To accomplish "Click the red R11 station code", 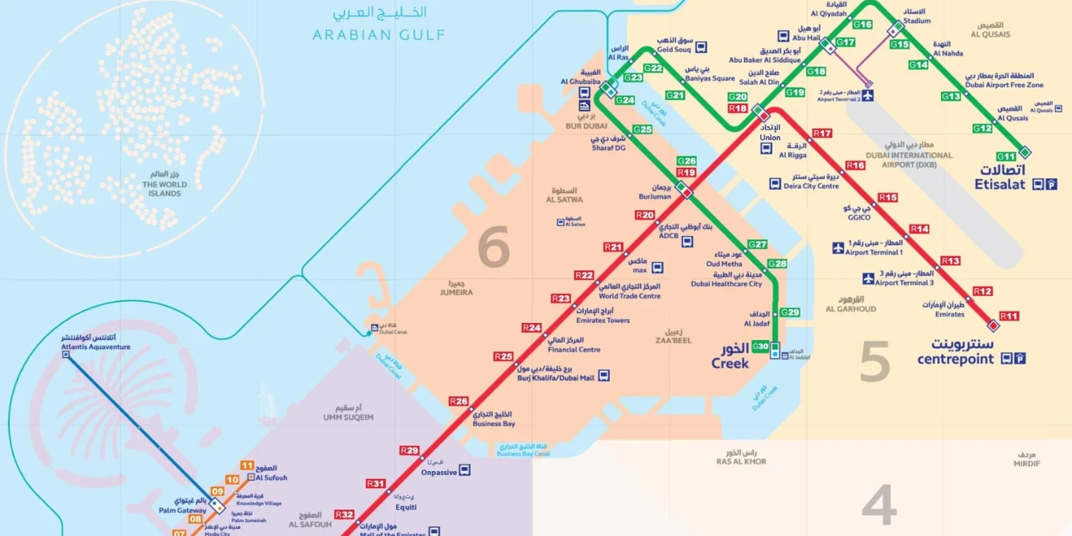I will tap(1009, 316).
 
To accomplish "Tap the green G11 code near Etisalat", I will tap(1006, 157).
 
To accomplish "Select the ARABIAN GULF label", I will tap(379, 34).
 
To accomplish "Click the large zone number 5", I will tap(875, 362).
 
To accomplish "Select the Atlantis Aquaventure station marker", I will tap(66, 355).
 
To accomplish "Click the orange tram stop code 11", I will tap(247, 465).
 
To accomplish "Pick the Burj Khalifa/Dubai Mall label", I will tap(555, 377).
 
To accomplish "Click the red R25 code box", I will tap(503, 357).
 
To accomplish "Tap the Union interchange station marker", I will tap(763, 114).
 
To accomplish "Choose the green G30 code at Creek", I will tap(761, 347).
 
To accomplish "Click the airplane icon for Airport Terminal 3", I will tap(868, 278).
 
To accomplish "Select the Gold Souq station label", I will tap(675, 50).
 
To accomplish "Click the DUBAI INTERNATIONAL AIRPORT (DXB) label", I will tap(908, 159).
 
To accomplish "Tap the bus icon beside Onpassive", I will tap(465, 470).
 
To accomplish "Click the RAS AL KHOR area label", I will tap(741, 462).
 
